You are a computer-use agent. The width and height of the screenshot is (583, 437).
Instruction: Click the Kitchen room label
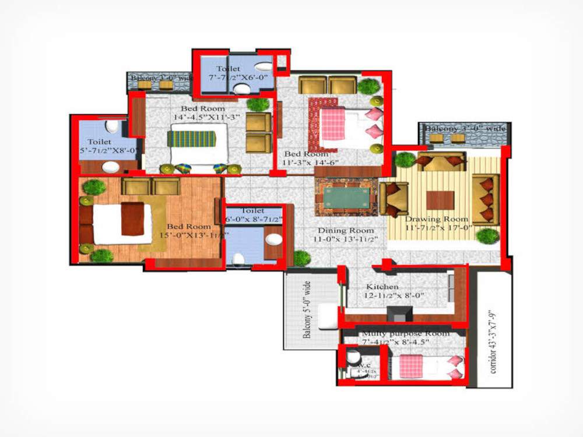tap(382, 287)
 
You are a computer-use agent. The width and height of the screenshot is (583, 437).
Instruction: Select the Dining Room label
tap(346, 230)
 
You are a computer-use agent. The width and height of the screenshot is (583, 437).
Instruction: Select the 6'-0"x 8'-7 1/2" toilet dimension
tap(254, 220)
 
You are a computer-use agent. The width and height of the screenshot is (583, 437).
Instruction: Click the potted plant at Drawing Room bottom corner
tap(487, 236)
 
